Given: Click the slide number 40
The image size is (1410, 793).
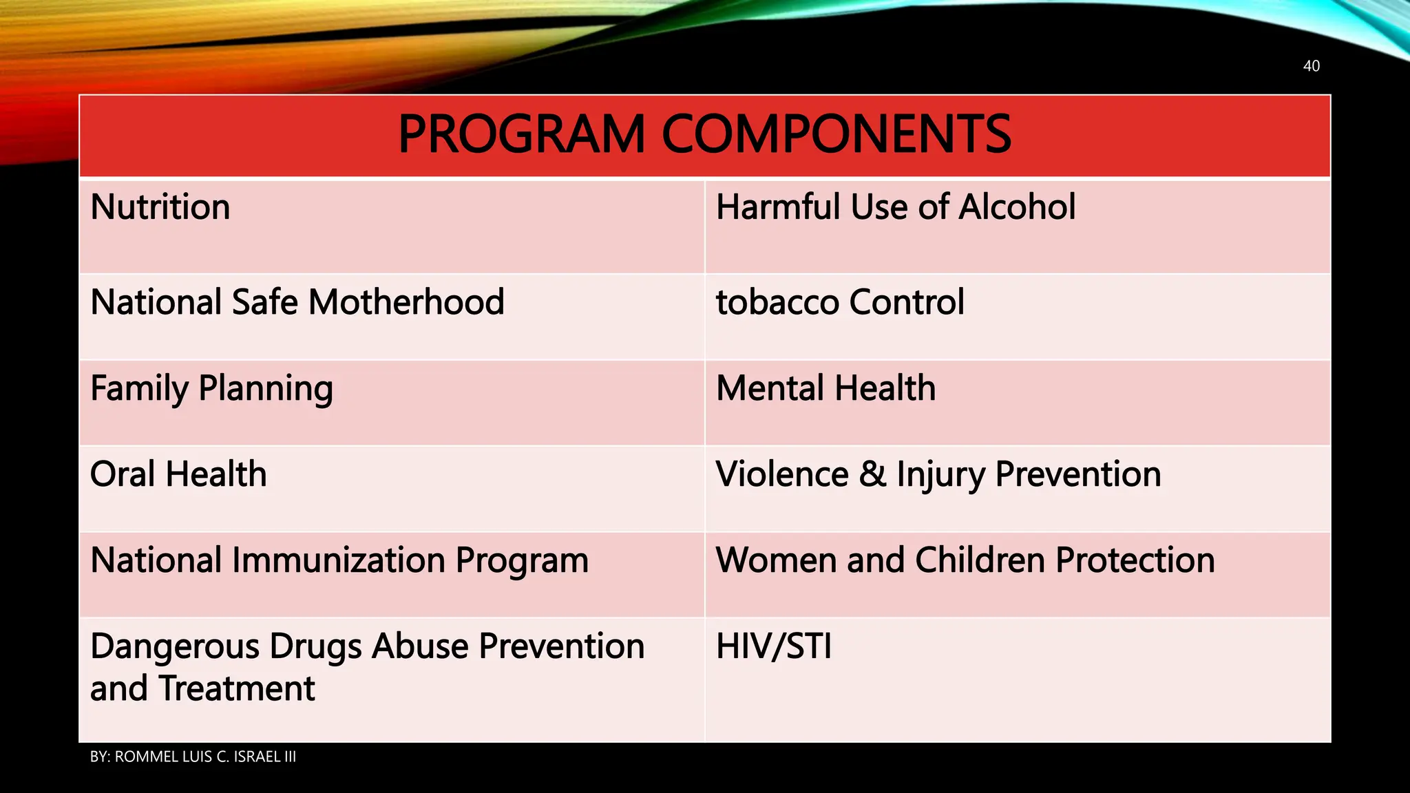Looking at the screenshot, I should click(1311, 66).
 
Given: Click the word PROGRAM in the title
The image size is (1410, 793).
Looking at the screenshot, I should click(521, 135).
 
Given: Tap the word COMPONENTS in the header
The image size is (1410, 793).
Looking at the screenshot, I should click(836, 135).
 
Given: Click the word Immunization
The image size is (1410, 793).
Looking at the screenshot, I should click(338, 560).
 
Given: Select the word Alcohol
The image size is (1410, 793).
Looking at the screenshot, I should click(1017, 207).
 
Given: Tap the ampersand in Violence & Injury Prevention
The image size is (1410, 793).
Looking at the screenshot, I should click(872, 474).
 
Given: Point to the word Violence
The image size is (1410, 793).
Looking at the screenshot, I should click(782, 474).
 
